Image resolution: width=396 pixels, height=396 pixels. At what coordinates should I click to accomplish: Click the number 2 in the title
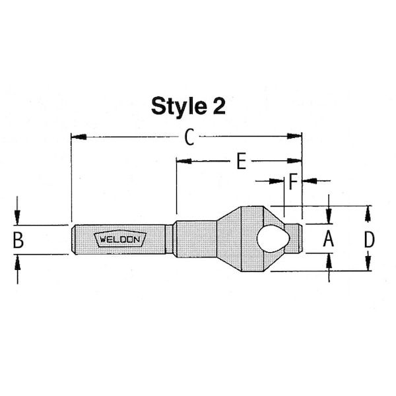point(218,106)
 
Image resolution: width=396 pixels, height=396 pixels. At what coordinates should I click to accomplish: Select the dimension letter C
point(189,137)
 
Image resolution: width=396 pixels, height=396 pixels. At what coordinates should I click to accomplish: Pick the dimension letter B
point(18,240)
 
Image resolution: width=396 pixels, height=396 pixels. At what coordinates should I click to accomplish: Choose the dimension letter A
point(328,240)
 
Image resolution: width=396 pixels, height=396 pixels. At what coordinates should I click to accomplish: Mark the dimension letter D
point(370,240)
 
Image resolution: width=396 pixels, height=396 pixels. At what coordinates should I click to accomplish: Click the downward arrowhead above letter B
point(18,218)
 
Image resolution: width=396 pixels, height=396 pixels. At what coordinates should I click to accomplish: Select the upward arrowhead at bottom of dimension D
point(369,264)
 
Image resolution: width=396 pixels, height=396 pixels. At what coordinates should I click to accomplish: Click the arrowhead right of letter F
point(308,180)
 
